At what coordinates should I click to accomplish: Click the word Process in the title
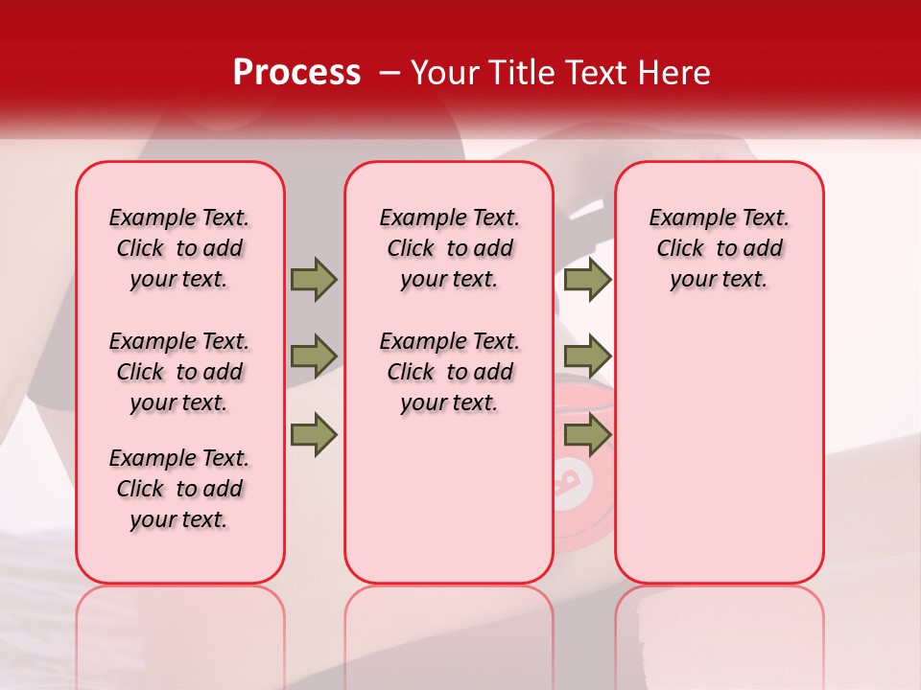(x=296, y=72)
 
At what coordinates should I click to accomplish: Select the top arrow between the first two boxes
(x=314, y=279)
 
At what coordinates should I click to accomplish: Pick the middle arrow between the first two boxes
(x=314, y=356)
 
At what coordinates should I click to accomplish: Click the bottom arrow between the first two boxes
(x=314, y=436)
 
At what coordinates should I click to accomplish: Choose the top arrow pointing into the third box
(x=587, y=279)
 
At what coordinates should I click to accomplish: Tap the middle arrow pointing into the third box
(x=587, y=356)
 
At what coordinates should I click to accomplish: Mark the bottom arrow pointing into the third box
(x=587, y=436)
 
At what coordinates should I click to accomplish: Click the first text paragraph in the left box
(x=179, y=248)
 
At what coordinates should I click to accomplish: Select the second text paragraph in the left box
(x=179, y=372)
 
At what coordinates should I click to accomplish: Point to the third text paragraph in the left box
(x=179, y=489)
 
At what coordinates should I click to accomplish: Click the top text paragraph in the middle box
(x=450, y=248)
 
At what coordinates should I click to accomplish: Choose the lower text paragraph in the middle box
(x=450, y=372)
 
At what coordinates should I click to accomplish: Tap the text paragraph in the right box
(x=720, y=248)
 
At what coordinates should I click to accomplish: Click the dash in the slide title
(x=390, y=73)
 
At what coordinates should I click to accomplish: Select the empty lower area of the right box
(x=720, y=450)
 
